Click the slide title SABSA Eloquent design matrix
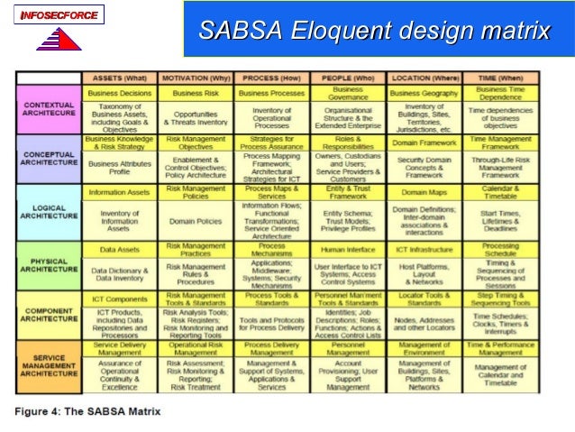tap(374, 32)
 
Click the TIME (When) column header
tap(500, 78)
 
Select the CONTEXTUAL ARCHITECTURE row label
tap(49, 109)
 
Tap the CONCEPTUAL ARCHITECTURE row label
tap(49, 159)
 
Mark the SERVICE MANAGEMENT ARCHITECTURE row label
tap(49, 366)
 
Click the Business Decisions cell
tap(119, 92)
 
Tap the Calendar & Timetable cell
tap(500, 193)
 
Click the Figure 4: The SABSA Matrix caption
tap(87, 411)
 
